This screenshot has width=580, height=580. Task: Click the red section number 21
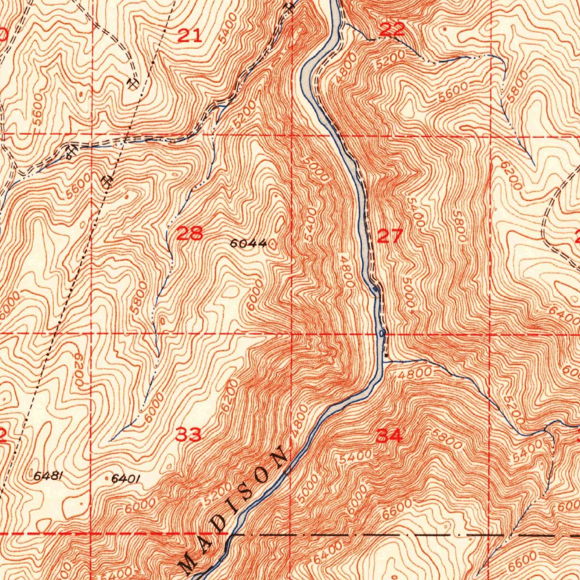pyautogui.click(x=190, y=36)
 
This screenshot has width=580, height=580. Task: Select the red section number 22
pyautogui.click(x=393, y=30)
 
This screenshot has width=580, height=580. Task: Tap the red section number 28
pyautogui.click(x=190, y=233)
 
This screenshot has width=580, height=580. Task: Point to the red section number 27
pyautogui.click(x=390, y=236)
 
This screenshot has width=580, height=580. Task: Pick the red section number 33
pyautogui.click(x=188, y=435)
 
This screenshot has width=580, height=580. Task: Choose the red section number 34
pyautogui.click(x=390, y=436)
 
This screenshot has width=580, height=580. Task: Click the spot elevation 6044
pyautogui.click(x=248, y=244)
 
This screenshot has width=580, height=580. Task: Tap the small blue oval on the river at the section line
pyautogui.click(x=382, y=333)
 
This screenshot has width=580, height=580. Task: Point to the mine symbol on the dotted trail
pyautogui.click(x=108, y=181)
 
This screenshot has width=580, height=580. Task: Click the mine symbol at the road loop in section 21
pyautogui.click(x=133, y=84)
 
